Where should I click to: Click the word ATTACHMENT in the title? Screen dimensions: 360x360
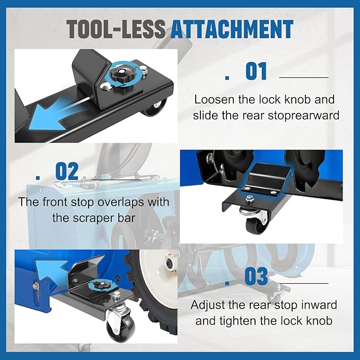pos(232,29)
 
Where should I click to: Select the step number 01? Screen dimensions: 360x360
pos(257,72)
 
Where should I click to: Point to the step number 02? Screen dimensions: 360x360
pos(67,171)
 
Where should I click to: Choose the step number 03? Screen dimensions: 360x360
pos(256,277)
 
